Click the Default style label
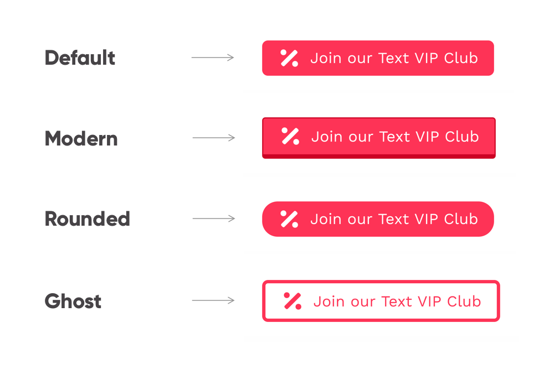pyautogui.click(x=80, y=58)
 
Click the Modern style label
pyautogui.click(x=81, y=138)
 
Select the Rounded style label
pyautogui.click(x=87, y=219)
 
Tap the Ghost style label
pyautogui.click(x=73, y=301)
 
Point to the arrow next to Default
pyautogui.click(x=213, y=58)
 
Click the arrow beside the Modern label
pyautogui.click(x=214, y=138)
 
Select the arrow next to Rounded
pyautogui.click(x=214, y=219)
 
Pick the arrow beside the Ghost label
pyautogui.click(x=213, y=300)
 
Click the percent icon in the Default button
pyautogui.click(x=289, y=58)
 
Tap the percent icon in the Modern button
pyautogui.click(x=290, y=137)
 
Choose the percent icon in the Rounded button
pyautogui.click(x=289, y=219)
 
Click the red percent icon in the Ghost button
pyautogui.click(x=293, y=301)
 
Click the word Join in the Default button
pyautogui.click(x=326, y=58)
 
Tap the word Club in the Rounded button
pyautogui.click(x=461, y=219)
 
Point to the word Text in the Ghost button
pyautogui.click(x=397, y=302)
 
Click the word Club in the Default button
pyautogui.click(x=461, y=58)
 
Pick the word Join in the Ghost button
pyautogui.click(x=329, y=302)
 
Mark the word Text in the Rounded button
pyautogui.click(x=394, y=219)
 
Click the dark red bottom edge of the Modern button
pyautogui.click(x=379, y=157)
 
